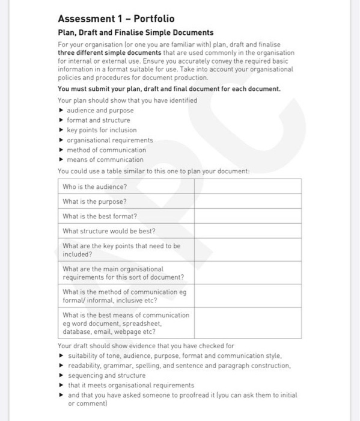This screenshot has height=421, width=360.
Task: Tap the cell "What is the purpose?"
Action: coord(94,201)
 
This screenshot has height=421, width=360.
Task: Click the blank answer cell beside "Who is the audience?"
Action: coord(247,186)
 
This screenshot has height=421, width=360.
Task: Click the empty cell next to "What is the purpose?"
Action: coord(247,201)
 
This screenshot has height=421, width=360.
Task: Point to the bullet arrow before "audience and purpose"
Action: coord(62,111)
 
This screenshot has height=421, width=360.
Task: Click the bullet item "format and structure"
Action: coord(98,120)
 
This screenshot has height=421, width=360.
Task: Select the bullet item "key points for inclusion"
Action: coord(102,130)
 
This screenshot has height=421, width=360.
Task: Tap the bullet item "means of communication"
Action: coord(105,159)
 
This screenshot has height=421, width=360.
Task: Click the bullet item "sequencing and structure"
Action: coord(106,375)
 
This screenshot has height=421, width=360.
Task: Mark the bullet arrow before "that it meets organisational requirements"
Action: coord(62,385)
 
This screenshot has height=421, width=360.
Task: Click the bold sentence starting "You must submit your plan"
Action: coord(169,88)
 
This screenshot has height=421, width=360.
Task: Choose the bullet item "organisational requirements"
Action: coord(110,140)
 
